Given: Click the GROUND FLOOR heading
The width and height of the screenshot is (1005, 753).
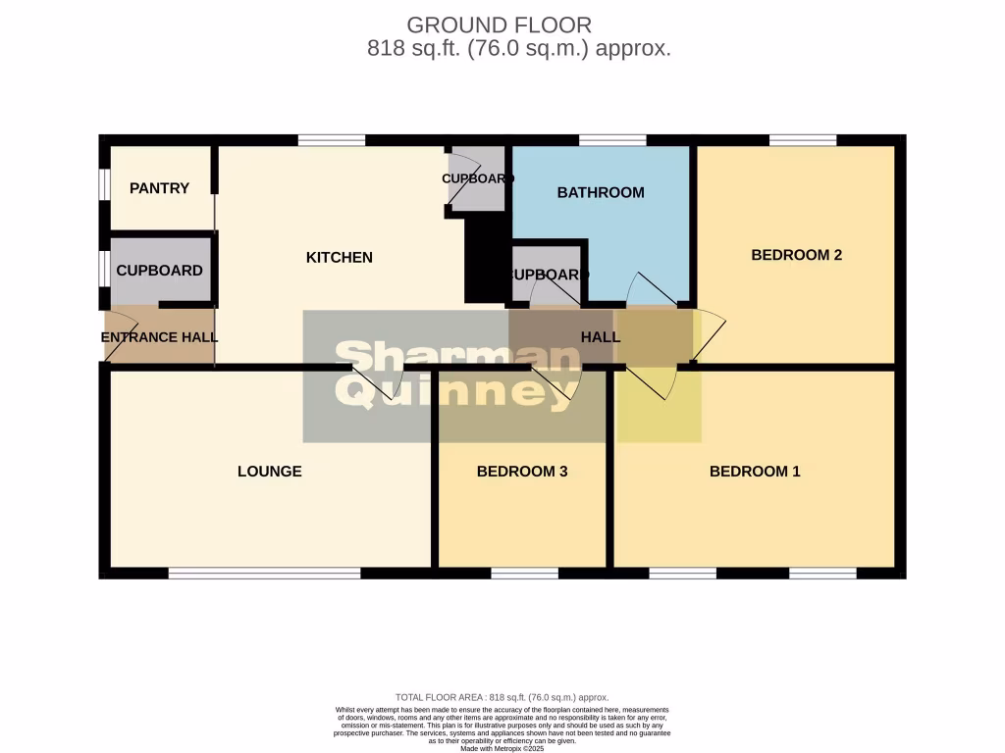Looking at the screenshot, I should pos(500,25).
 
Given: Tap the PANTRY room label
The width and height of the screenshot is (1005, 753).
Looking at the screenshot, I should pos(159,188).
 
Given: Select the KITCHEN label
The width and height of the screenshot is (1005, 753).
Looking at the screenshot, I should pos(340,258).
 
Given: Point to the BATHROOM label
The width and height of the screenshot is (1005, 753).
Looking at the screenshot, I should pos(601,192).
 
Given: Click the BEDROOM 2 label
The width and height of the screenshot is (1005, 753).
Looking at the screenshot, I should pos(796,255).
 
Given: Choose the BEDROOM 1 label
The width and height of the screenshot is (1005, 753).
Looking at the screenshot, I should pos(755,472).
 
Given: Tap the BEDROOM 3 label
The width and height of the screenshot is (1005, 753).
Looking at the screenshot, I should pos(522,472).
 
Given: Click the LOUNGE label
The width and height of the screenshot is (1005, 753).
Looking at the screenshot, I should pos(270,472).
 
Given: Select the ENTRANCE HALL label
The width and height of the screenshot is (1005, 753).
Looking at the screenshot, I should pos(159,337).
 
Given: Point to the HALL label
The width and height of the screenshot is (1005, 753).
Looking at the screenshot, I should pos(601,337).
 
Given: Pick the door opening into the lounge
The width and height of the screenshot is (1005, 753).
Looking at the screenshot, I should pos(378,384).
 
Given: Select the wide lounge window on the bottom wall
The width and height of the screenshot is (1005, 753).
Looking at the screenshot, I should pos(265,573).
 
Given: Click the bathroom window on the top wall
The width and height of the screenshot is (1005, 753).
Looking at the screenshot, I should pos(612,140).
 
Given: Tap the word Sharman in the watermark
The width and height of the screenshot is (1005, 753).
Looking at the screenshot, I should pos(456,359).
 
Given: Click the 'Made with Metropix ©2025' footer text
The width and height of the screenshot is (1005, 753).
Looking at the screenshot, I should pos(502,748).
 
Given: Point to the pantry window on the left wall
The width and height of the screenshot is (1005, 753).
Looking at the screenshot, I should pos(103,186).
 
